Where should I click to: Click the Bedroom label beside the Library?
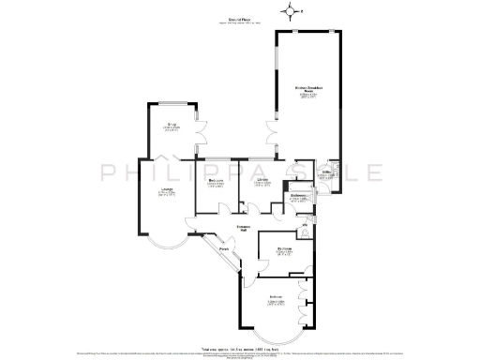click(x=214, y=182)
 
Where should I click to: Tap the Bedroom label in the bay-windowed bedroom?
click(x=277, y=299)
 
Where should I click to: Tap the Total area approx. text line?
click(x=239, y=348)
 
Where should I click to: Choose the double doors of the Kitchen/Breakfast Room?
click(x=272, y=132)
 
